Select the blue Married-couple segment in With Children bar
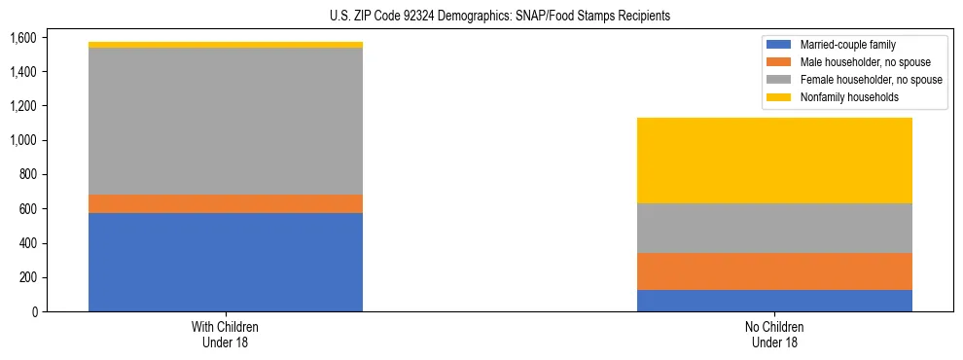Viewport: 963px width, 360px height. coord(226,262)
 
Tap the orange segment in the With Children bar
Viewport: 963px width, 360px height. coord(226,203)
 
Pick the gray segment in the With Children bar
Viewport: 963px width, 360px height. coord(226,121)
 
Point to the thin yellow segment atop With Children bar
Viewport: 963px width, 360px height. coord(226,45)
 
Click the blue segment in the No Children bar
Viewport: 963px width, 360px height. coord(774,301)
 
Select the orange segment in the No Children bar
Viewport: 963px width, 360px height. coord(774,271)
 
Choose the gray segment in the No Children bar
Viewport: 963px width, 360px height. coord(774,228)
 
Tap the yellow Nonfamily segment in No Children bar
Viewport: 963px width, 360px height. coord(774,161)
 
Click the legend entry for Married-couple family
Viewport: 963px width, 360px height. coord(845,45)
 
